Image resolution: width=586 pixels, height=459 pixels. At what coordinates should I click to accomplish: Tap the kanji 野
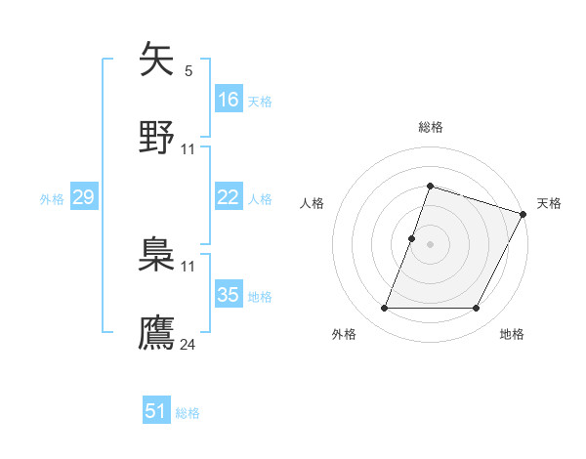coord(156,137)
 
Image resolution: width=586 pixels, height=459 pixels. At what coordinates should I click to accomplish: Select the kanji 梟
coord(156,255)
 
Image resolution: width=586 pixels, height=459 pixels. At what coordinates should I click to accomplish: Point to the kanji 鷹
coord(156,332)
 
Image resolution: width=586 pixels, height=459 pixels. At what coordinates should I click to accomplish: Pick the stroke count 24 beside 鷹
coord(188,344)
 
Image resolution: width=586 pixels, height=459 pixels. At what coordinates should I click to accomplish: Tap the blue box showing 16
coord(229,100)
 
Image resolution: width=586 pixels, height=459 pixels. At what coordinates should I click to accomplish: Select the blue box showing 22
coord(229,197)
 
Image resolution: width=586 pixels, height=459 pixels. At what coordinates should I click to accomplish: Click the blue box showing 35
coord(229,295)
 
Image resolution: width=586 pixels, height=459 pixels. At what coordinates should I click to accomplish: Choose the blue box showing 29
coord(84,198)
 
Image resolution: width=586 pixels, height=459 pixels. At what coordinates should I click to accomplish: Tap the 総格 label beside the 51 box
coord(188,413)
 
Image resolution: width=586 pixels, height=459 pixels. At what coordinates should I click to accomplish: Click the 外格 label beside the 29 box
coord(52,199)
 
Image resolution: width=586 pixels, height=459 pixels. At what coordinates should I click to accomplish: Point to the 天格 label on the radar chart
coord(549,203)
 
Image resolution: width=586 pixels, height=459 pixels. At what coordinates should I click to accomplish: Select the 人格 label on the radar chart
coord(313,203)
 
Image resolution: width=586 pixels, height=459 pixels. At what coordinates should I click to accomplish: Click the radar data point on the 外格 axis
coord(384,309)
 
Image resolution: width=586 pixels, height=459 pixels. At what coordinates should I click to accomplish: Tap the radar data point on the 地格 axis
coord(477,309)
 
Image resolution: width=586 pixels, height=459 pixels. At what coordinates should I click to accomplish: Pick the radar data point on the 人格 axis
coord(411,238)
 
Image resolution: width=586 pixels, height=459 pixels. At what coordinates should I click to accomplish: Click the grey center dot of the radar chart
coord(430,243)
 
